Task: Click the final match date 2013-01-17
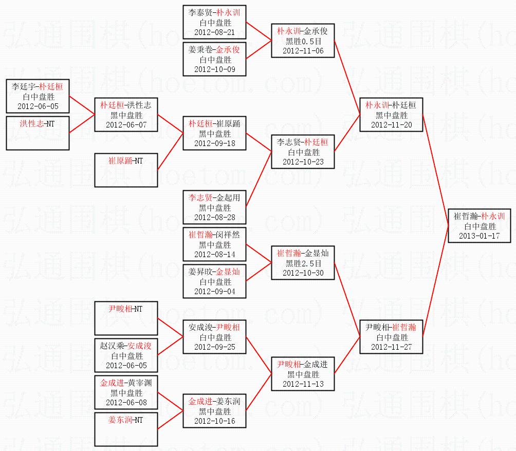479,236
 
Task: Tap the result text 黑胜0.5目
303,41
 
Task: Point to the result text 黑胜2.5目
303,263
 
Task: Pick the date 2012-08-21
214,32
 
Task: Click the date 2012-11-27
391,347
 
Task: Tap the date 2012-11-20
391,125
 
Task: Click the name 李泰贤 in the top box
200,13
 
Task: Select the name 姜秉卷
200,50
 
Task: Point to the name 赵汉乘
112,346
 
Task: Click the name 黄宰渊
140,383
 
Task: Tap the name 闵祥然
228,234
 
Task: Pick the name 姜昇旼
200,272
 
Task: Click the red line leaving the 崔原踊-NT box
171,151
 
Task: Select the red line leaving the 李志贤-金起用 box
259,179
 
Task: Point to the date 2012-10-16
214,421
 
